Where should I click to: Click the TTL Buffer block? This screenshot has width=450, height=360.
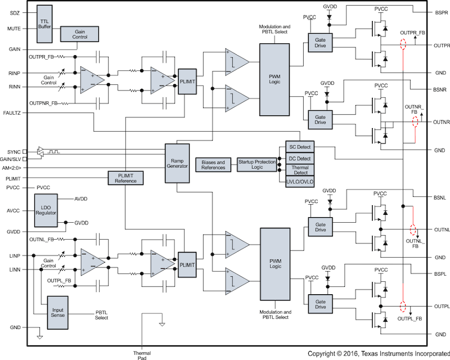click(x=44, y=24)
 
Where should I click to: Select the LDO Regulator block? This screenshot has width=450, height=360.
click(x=46, y=210)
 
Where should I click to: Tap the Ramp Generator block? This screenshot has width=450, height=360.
click(x=177, y=163)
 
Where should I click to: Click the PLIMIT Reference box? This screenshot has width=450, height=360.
click(x=125, y=178)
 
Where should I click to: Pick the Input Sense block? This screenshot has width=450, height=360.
click(x=58, y=313)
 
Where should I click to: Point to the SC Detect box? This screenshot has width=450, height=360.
click(x=300, y=147)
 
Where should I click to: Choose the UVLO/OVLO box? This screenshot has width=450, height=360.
click(x=300, y=182)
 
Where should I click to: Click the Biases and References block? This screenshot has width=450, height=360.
click(x=213, y=165)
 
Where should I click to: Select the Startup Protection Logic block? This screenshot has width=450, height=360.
click(x=257, y=165)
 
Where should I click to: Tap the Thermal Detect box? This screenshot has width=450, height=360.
click(x=300, y=170)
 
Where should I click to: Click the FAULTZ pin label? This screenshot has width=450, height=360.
click(x=12, y=113)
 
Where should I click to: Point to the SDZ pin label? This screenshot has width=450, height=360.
click(x=15, y=13)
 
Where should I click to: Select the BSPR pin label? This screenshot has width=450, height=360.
click(x=442, y=13)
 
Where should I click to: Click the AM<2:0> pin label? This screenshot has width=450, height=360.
click(x=12, y=168)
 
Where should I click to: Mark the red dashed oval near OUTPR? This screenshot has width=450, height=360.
click(x=403, y=44)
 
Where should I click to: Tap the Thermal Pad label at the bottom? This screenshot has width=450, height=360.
click(x=142, y=355)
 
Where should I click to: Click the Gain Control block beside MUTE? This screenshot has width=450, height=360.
click(x=79, y=34)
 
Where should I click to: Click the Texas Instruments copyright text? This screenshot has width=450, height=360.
click(x=379, y=354)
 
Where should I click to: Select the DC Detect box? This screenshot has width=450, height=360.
click(x=300, y=159)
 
